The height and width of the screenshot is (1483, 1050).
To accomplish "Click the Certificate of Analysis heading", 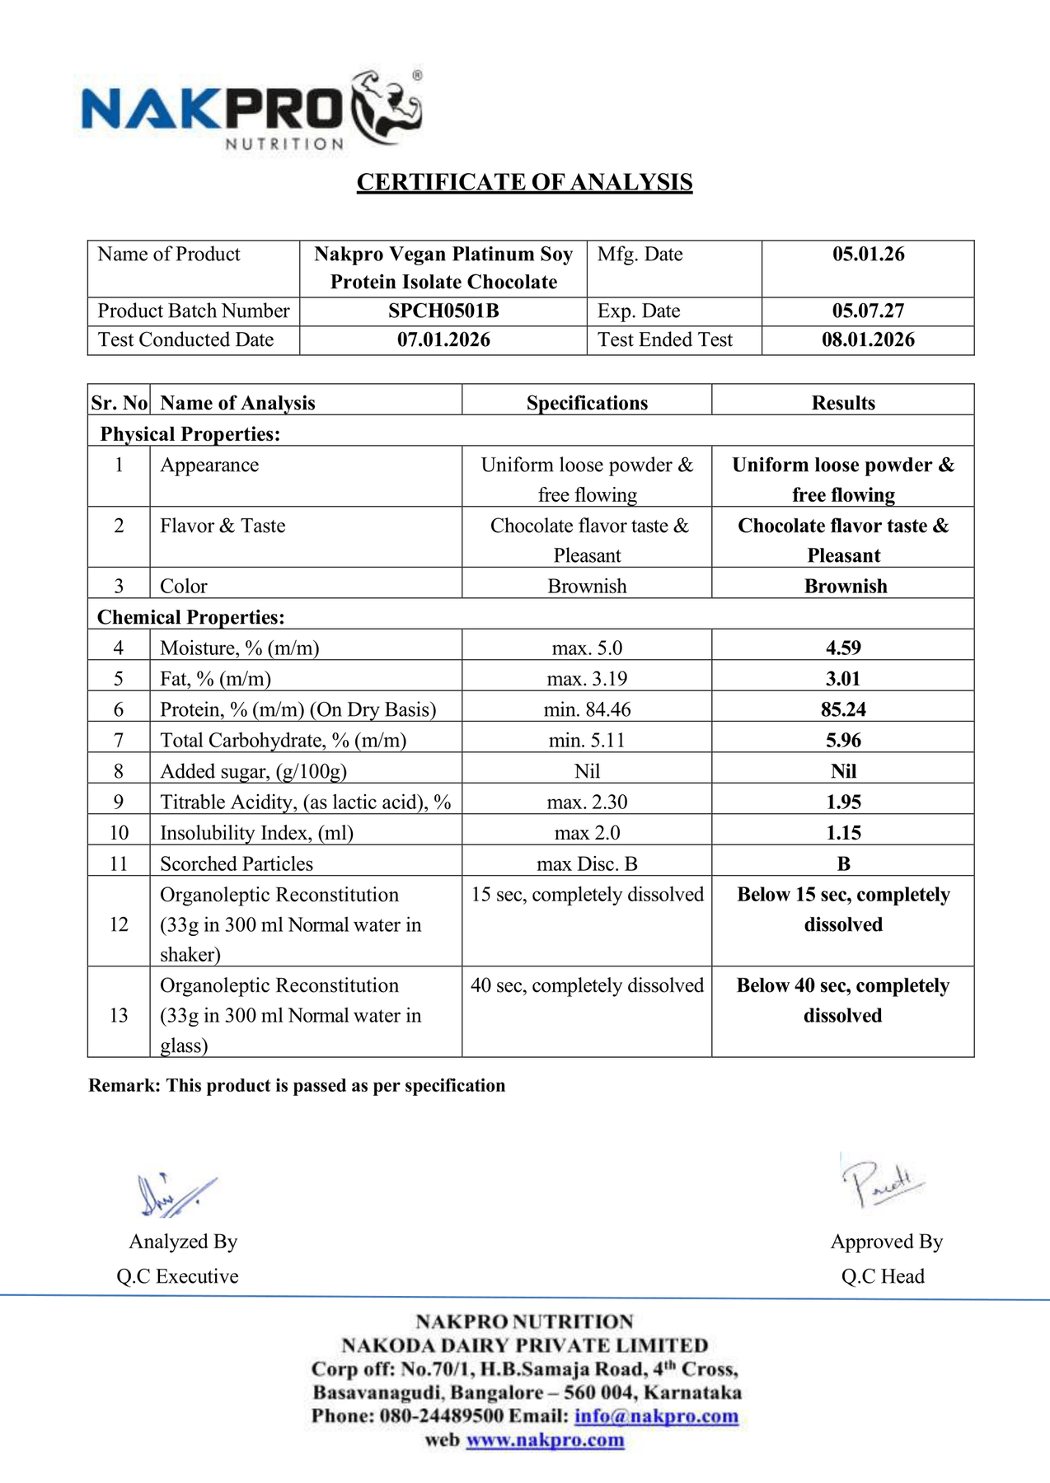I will coord(524,182).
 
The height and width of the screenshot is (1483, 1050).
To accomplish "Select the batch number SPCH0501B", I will coord(443,311).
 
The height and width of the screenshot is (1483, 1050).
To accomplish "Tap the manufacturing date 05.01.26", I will coord(868,254).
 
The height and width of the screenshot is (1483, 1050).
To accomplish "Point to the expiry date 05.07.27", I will coord(868,311).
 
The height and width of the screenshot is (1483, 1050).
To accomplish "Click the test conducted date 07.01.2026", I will coord(443,339).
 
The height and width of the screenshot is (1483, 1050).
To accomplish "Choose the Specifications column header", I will coord(587,403).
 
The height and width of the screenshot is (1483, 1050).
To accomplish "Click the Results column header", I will coord(843,403).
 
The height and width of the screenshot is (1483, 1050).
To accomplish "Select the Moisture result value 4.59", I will coord(843,648).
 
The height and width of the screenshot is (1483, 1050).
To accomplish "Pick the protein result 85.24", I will coord(843,709).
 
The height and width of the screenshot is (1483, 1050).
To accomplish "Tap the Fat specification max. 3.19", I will coord(587,679).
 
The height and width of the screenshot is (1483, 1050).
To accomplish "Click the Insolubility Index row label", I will coord(256,833).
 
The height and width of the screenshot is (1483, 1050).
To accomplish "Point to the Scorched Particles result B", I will coord(843,863).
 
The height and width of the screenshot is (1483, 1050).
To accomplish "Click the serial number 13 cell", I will coord(119,1015).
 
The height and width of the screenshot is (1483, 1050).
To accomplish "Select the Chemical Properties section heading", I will coord(190,617).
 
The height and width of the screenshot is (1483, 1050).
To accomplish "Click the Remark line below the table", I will coord(297,1085).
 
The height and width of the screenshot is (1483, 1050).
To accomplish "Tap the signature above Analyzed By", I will coord(176,1195).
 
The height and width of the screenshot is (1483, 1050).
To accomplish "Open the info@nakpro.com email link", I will coord(656,1416).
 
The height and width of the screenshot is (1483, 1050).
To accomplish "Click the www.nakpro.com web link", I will coord(545,1440).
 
